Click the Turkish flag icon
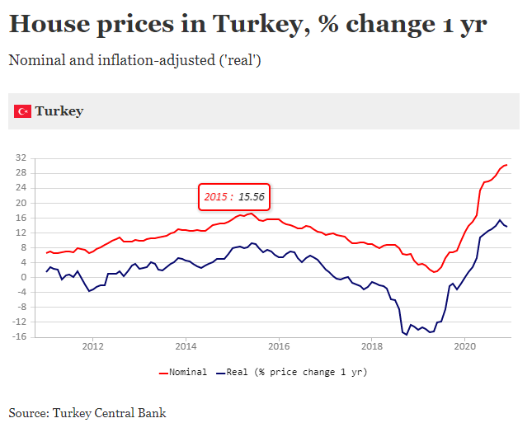tap(23, 111)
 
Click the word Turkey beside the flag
tap(59, 111)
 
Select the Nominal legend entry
tap(182, 372)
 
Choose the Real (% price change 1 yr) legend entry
tap(290, 372)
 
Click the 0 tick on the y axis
tap(25, 277)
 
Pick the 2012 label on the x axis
tap(92, 346)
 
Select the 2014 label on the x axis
tap(186, 346)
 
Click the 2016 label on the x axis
tap(279, 346)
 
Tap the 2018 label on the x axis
tap(372, 346)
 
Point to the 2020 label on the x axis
tap(465, 346)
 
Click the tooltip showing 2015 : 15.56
tap(234, 197)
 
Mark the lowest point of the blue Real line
tap(407, 334)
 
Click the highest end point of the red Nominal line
tap(506, 165)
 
